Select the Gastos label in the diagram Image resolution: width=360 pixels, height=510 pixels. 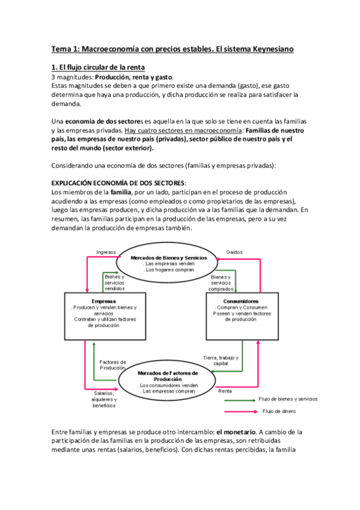(x=234, y=252)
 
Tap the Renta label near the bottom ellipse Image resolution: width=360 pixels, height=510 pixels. (x=225, y=391)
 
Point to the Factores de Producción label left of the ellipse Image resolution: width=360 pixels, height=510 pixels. (x=112, y=364)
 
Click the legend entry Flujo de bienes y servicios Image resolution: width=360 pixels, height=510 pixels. (x=288, y=399)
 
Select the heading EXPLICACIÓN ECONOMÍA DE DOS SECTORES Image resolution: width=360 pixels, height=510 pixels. (x=118, y=182)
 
